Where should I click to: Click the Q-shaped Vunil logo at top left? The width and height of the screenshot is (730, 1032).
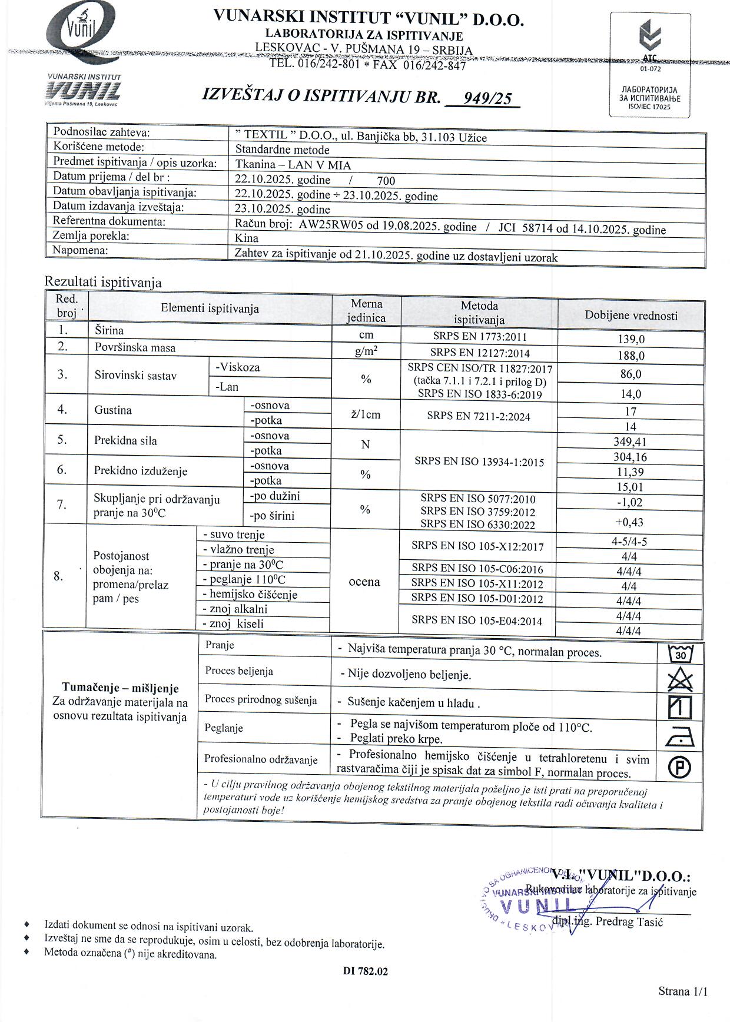(81, 29)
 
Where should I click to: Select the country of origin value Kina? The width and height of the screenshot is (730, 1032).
(247, 238)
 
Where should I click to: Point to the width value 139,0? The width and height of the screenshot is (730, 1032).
(631, 339)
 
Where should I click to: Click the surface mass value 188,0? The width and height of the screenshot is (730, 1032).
(631, 356)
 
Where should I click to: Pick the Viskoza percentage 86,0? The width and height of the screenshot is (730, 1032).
(631, 374)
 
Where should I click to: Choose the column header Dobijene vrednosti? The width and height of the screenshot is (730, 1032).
(631, 316)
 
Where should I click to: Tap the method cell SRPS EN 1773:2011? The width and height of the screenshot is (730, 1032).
(479, 337)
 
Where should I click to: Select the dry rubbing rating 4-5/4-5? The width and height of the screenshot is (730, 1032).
(629, 542)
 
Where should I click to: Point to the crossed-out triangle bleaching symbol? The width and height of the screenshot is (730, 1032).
(681, 679)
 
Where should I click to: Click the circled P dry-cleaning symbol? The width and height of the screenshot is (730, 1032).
(680, 766)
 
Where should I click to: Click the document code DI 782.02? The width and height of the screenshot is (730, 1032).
(365, 971)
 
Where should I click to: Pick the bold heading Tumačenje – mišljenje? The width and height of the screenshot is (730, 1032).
(120, 688)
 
